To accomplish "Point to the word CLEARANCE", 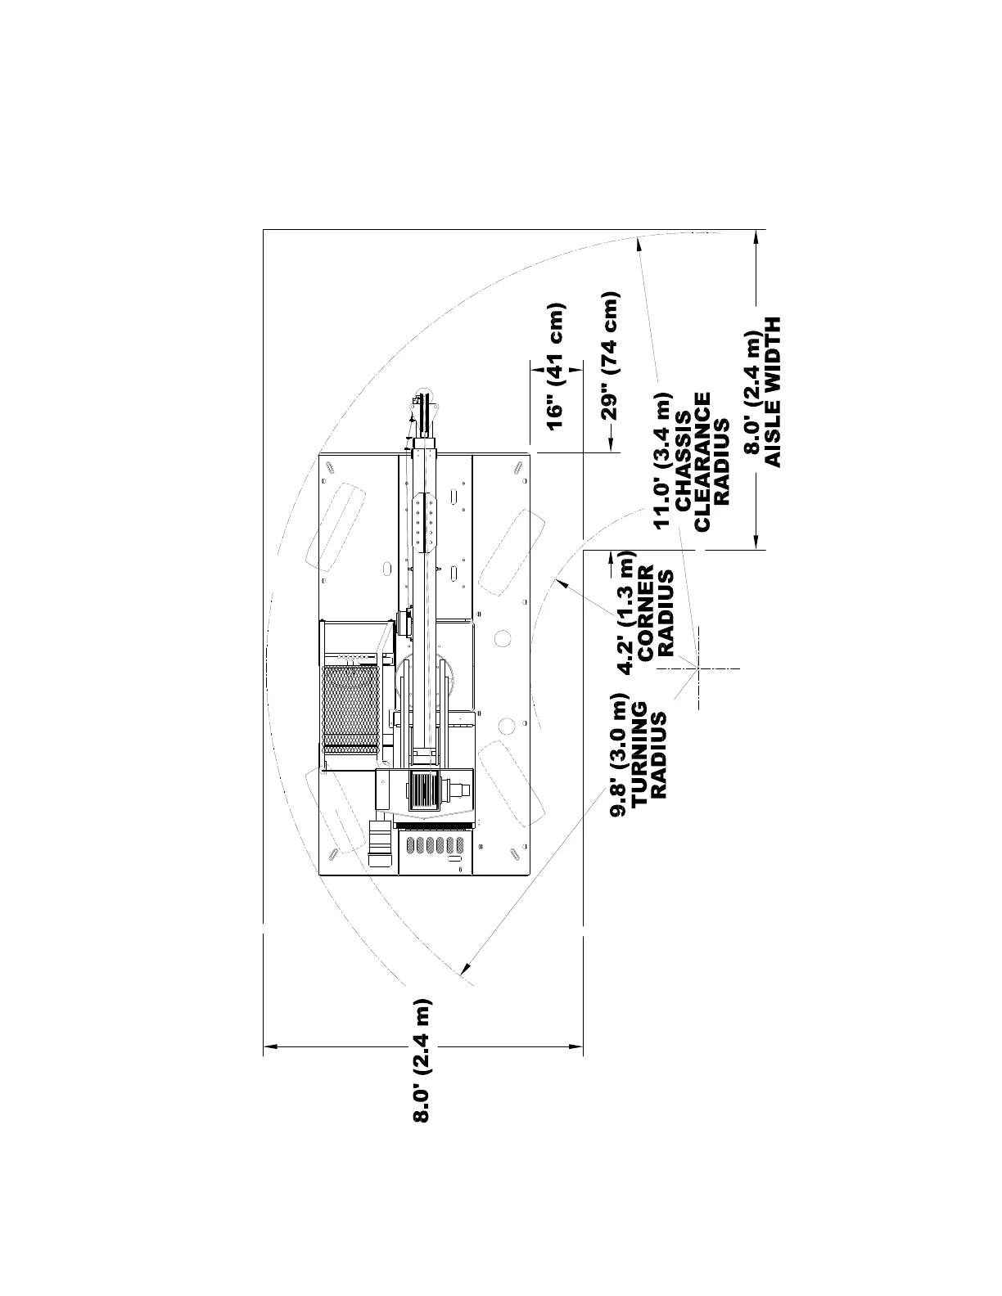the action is coord(702,462).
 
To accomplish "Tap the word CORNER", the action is coord(647,613).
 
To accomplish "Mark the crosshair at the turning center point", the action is coord(699,668).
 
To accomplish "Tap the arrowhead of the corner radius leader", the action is coord(558,580).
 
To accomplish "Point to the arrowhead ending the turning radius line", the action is coord(465,971).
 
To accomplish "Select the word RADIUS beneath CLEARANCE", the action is coord(721,462).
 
